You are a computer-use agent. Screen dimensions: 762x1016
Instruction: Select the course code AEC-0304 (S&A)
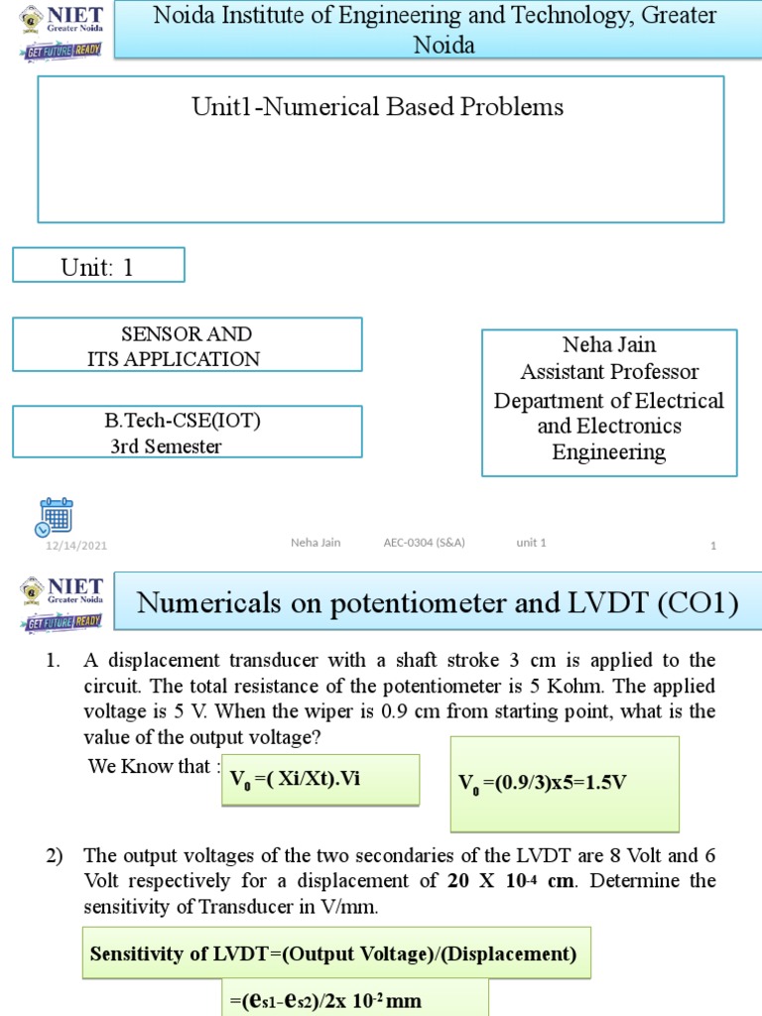pyautogui.click(x=425, y=543)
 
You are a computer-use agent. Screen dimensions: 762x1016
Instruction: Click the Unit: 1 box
pyautogui.click(x=98, y=265)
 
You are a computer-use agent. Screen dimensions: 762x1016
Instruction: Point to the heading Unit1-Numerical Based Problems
pyautogui.click(x=378, y=107)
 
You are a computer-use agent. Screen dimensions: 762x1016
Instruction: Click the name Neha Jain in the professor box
pyautogui.click(x=609, y=345)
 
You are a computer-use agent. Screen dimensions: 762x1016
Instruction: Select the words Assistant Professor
pyautogui.click(x=609, y=372)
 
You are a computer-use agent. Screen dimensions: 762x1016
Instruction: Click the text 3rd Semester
pyautogui.click(x=166, y=446)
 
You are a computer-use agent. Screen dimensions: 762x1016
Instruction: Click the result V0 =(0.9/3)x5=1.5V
pyautogui.click(x=542, y=783)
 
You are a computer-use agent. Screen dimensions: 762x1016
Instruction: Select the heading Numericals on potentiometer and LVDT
pyautogui.click(x=437, y=602)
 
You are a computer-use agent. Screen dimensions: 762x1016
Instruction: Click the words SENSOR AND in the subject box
pyautogui.click(x=186, y=333)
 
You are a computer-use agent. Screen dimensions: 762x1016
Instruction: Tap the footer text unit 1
pyautogui.click(x=531, y=543)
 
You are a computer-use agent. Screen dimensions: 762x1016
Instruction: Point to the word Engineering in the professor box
pyautogui.click(x=609, y=452)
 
